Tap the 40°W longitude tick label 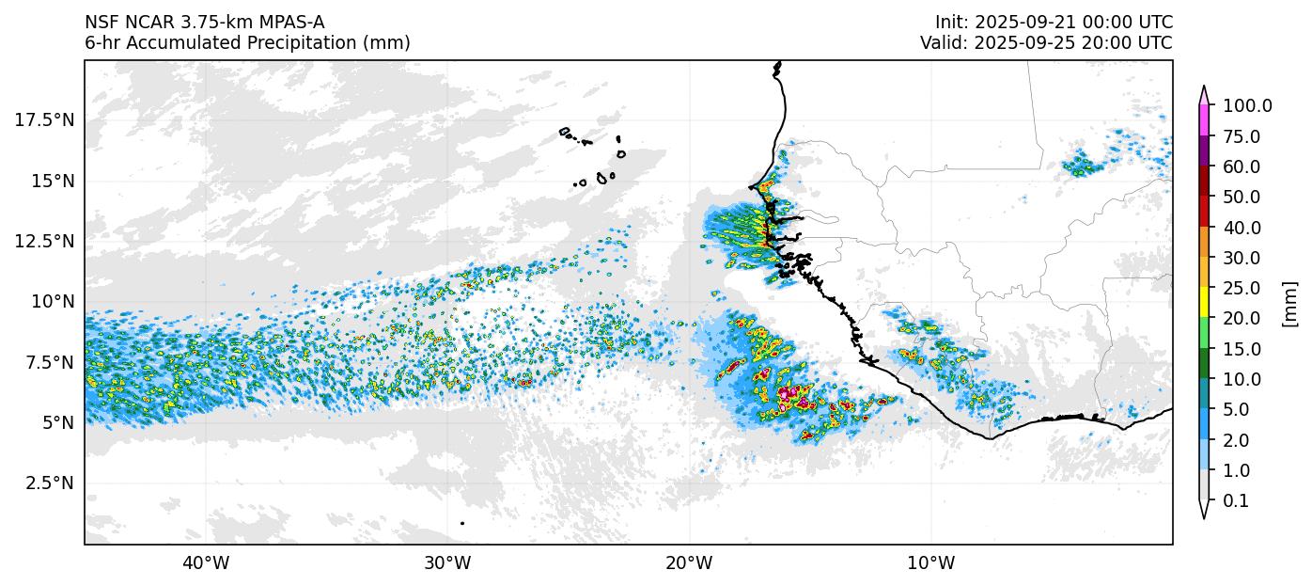tap(205, 563)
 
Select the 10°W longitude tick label tap(931, 563)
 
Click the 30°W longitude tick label tap(447, 563)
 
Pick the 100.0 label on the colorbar tap(1247, 106)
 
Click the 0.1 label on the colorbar tap(1236, 501)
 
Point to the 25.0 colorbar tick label tap(1242, 289)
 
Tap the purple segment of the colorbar tap(1204, 151)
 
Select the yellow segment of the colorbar tap(1204, 303)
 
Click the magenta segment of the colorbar tap(1204, 121)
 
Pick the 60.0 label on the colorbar tap(1242, 167)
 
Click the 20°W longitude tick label tap(689, 563)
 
